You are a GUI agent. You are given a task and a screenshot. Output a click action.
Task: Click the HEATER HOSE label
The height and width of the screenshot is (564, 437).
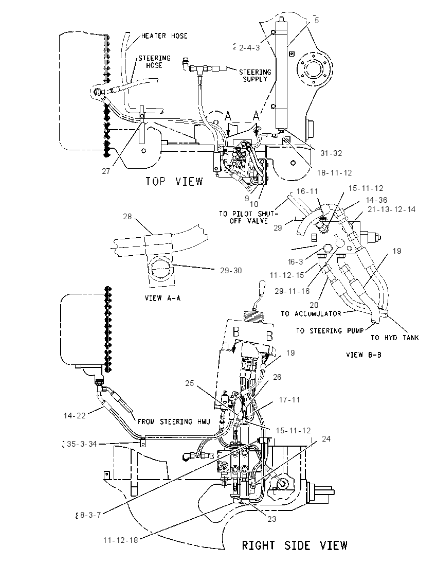pyautogui.click(x=164, y=36)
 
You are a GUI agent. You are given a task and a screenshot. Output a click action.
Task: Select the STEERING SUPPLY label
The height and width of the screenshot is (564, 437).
pyautogui.click(x=255, y=76)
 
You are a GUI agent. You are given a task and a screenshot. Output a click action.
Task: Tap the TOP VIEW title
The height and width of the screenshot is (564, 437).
pyautogui.click(x=174, y=181)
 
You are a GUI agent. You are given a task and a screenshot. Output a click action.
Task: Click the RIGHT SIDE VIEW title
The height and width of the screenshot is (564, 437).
pyautogui.click(x=295, y=545)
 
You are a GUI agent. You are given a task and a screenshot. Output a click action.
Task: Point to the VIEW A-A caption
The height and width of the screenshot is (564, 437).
pyautogui.click(x=162, y=298)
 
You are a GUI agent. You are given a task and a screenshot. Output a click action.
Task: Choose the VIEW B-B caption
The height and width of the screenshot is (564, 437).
pyautogui.click(x=363, y=355)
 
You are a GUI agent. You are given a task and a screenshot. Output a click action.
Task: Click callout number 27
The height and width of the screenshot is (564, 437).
pyautogui.click(x=106, y=171)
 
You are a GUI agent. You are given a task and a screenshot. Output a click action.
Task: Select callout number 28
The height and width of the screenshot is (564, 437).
pyautogui.click(x=128, y=217)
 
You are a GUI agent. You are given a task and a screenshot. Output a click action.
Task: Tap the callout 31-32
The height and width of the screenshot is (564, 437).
pyautogui.click(x=331, y=153)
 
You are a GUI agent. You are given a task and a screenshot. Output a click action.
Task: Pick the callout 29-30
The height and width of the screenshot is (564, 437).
pyautogui.click(x=231, y=271)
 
